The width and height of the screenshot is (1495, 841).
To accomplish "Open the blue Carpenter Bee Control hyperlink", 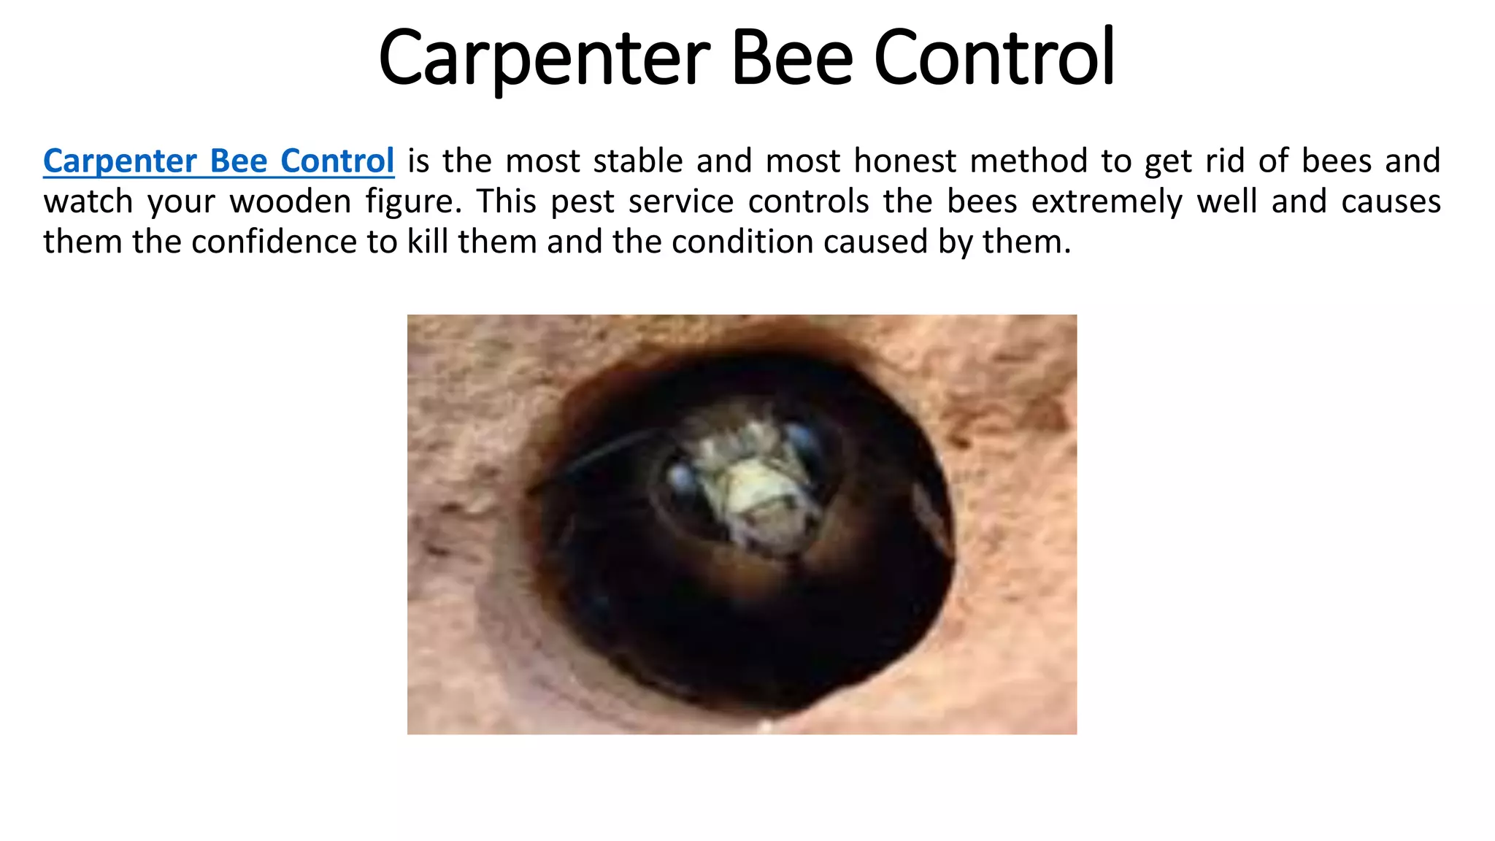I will coord(218,161).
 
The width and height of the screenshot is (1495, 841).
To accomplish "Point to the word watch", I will coord(88,201).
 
